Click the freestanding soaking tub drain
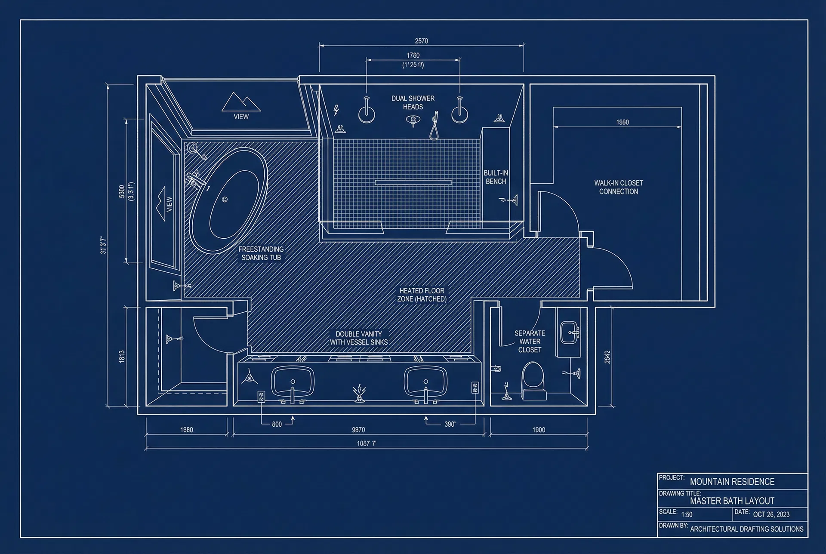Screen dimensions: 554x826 [224, 200]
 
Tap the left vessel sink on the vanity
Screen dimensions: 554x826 [293, 381]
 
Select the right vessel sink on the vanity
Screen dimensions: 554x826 [425, 381]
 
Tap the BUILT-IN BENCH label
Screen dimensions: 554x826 [496, 177]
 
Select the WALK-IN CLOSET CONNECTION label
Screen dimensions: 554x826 [619, 187]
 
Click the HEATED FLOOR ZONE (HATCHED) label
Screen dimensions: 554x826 [422, 295]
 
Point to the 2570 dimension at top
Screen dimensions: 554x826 [421, 41]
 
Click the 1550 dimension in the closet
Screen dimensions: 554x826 [622, 122]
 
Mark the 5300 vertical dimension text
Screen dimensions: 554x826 [122, 191]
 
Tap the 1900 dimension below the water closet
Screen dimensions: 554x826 [539, 430]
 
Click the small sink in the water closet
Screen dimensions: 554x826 [570, 332]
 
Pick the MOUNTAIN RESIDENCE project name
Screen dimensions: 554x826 [732, 482]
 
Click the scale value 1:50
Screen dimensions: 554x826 [687, 514]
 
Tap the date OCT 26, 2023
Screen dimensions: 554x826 [771, 514]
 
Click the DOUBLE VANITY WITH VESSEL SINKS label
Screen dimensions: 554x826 [359, 338]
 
